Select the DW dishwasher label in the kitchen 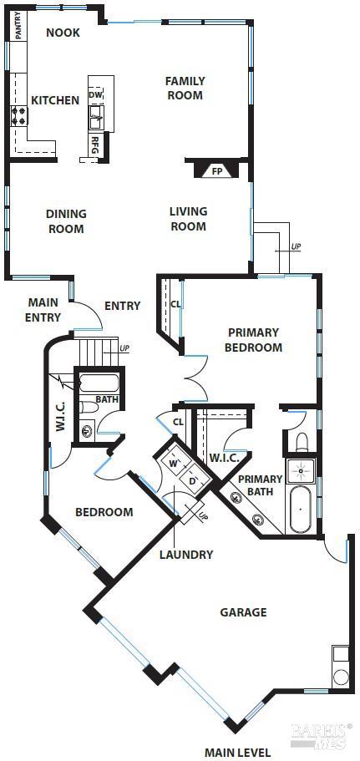pyautogui.click(x=95, y=95)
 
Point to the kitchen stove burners pyautogui.click(x=19, y=116)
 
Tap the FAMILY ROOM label pyautogui.click(x=185, y=88)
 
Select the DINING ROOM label pyautogui.click(x=66, y=221)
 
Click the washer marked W pyautogui.click(x=172, y=460)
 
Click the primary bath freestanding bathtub pyautogui.click(x=301, y=509)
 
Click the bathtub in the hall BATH pyautogui.click(x=99, y=383)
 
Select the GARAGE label pyautogui.click(x=244, y=612)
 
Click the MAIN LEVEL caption pyautogui.click(x=237, y=753)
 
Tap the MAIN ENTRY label pyautogui.click(x=43, y=310)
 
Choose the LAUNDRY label pyautogui.click(x=186, y=554)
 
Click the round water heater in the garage pyautogui.click(x=341, y=677)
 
